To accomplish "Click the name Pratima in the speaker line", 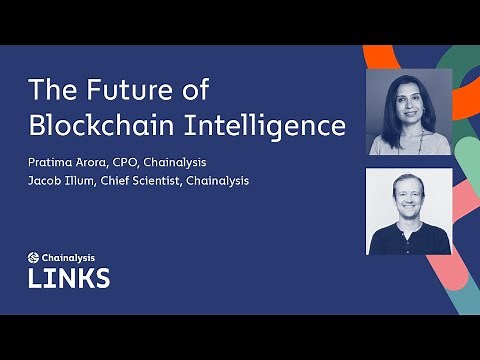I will (x=52, y=163).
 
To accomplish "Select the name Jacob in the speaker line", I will (x=47, y=181).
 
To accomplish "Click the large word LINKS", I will (x=69, y=276).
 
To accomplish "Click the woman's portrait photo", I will (x=409, y=112).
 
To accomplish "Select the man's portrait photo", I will (x=409, y=211).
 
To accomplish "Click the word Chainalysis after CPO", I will (x=187, y=163).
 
